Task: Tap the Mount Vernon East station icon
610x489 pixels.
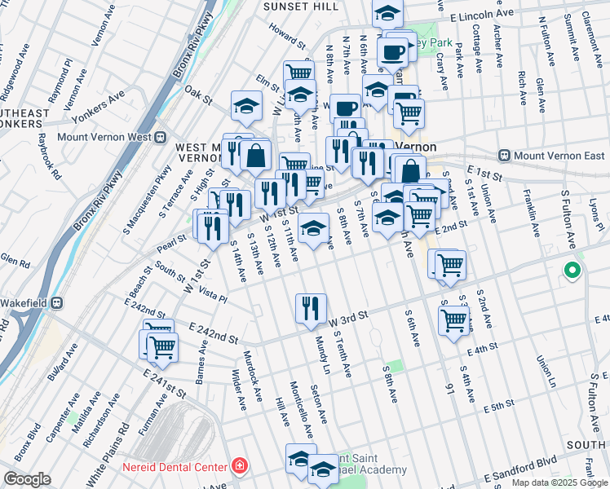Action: (505, 155)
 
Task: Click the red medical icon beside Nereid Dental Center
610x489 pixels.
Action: (240, 467)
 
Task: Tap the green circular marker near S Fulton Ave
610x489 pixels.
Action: (572, 271)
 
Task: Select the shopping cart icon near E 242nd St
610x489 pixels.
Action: (162, 346)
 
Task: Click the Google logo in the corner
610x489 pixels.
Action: (27, 479)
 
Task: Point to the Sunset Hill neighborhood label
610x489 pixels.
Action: (290, 6)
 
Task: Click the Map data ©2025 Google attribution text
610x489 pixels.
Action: (559, 482)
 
